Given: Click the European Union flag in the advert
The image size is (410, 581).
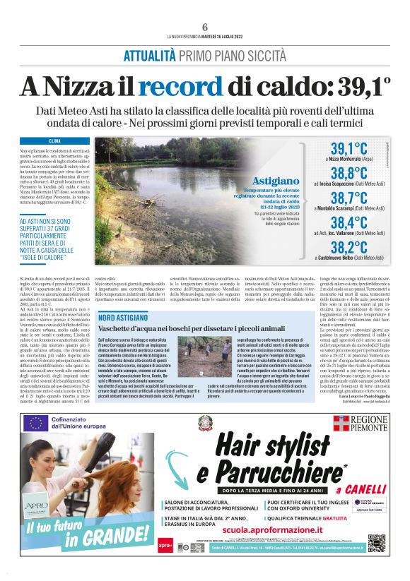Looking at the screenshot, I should click(x=36, y=423).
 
